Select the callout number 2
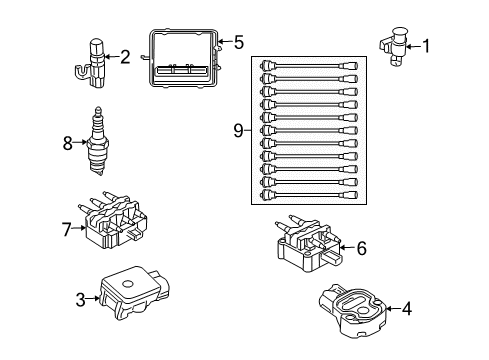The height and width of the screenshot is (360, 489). [125, 57]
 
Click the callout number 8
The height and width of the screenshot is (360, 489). [68, 143]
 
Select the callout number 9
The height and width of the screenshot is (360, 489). [238, 129]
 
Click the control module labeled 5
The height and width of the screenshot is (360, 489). [182, 62]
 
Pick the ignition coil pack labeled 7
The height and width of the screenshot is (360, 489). [115, 225]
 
